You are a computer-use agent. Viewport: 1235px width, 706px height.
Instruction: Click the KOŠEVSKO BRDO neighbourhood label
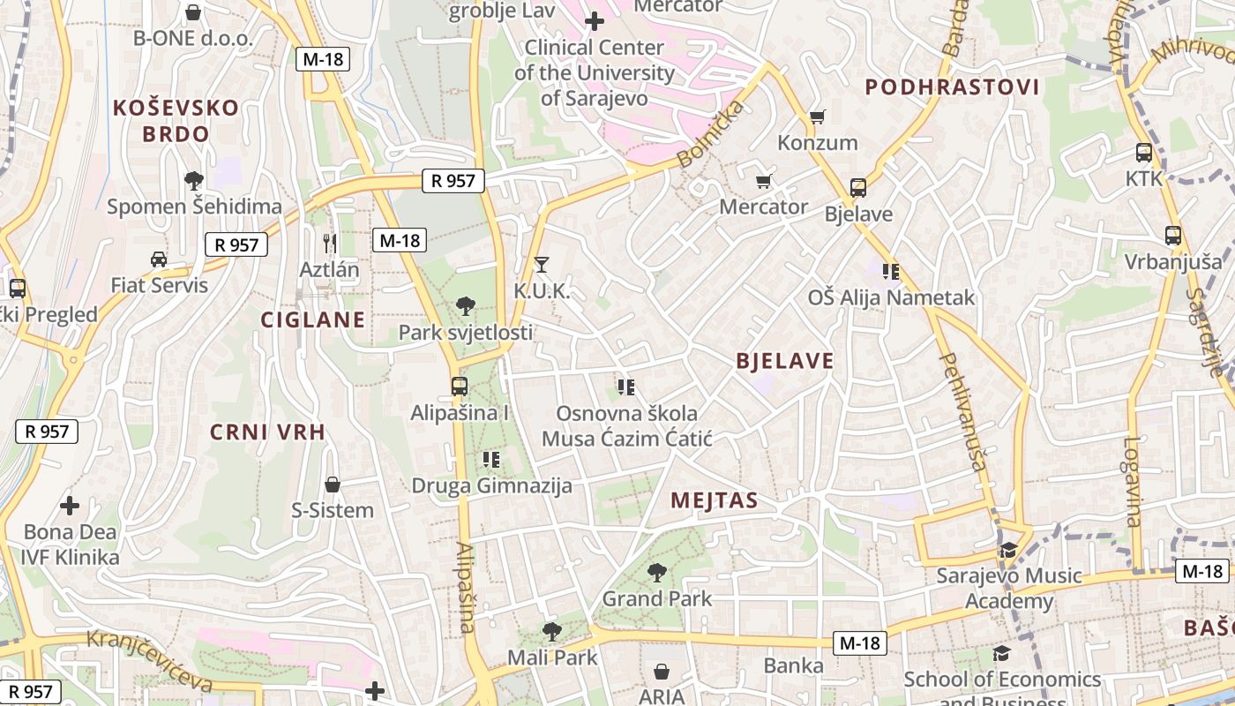[176, 121]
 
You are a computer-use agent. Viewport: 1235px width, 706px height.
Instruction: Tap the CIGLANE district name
[312, 319]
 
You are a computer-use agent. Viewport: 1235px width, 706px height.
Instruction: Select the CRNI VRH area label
[267, 432]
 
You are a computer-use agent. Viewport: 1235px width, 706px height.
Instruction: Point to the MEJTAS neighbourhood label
[714, 500]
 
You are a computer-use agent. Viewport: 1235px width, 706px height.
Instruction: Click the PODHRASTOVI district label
[952, 87]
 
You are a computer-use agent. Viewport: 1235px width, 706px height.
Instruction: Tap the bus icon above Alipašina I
[459, 387]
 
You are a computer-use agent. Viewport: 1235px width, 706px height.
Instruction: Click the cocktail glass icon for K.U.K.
[542, 264]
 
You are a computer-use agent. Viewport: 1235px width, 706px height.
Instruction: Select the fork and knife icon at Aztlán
[330, 243]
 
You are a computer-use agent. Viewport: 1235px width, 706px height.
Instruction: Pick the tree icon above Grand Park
[656, 573]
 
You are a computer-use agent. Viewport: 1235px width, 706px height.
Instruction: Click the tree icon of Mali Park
[552, 632]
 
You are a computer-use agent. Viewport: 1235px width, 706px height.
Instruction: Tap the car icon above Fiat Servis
[159, 259]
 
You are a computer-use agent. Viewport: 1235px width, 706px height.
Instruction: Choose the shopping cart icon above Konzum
[817, 116]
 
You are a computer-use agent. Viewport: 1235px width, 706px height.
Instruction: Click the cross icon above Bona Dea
[70, 506]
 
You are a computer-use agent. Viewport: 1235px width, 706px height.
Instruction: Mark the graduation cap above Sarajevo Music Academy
[1008, 550]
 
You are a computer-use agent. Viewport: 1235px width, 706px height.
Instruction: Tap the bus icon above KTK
[1144, 153]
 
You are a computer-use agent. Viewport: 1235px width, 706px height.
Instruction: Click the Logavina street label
[1133, 482]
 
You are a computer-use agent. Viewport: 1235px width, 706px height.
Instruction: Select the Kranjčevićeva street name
[150, 660]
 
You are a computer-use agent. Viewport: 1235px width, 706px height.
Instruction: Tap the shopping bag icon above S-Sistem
[333, 484]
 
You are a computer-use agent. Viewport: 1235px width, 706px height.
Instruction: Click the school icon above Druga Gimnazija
[491, 460]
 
